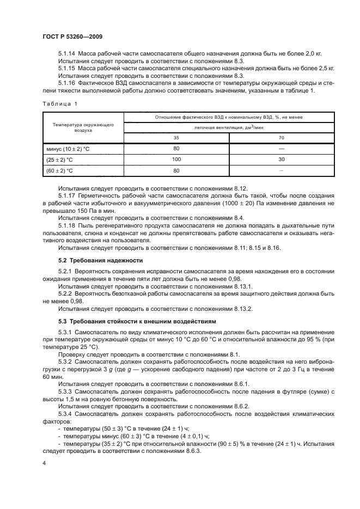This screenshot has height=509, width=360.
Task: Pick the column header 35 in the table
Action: [176, 138]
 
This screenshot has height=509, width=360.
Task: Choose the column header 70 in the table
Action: [281, 138]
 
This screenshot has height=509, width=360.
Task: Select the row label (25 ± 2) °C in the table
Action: [60, 160]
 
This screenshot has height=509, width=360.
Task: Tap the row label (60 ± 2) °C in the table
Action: [60, 171]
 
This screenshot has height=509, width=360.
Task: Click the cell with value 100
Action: [176, 160]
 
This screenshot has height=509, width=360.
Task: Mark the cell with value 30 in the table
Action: [281, 160]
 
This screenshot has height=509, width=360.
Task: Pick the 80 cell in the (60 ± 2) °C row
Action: [176, 171]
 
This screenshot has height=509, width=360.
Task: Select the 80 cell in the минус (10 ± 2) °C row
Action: [176, 148]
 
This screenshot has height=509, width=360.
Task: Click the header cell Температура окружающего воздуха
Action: [83, 127]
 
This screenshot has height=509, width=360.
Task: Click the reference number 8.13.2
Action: [246, 309]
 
